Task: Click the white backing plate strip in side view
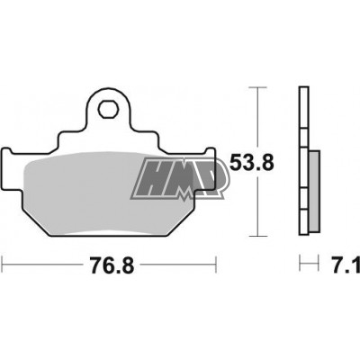click(302, 162)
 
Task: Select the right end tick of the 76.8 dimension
click(216, 265)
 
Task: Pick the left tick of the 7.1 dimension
click(299, 265)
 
